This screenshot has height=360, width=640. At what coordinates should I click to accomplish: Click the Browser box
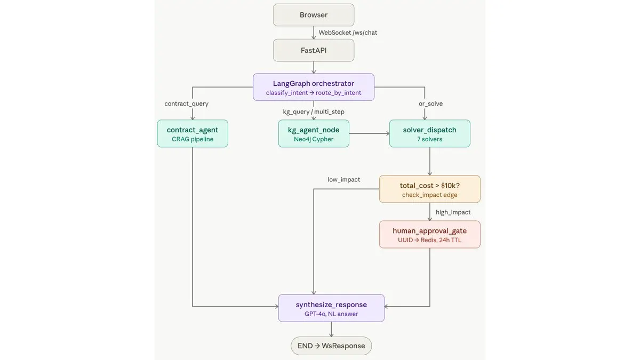tap(314, 15)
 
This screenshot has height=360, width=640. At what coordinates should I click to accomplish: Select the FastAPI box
tap(314, 50)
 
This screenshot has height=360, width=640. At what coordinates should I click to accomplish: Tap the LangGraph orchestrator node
tap(314, 87)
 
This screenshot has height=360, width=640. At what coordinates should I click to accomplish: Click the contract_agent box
tap(193, 133)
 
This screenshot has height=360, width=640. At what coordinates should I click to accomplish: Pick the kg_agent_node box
tap(314, 133)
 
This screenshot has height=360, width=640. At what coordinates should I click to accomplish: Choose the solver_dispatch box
tap(430, 133)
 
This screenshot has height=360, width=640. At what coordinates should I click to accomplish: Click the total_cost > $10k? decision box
tap(430, 189)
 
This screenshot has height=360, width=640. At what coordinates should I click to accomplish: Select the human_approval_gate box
tap(430, 234)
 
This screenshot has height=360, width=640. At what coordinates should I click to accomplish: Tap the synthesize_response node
tap(331, 308)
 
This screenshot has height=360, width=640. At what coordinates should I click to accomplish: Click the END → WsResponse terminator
tap(331, 346)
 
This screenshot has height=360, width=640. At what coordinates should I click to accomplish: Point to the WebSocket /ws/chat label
tap(348, 33)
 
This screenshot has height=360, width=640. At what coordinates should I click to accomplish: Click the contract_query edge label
tap(186, 103)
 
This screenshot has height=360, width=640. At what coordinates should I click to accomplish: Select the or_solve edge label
tap(430, 103)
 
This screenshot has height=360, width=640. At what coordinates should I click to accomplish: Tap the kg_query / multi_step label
tap(314, 111)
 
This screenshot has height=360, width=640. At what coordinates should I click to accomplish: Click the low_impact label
tap(343, 179)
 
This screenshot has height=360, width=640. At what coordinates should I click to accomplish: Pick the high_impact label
tap(453, 212)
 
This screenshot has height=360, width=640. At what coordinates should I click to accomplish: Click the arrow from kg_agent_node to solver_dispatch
tap(369, 133)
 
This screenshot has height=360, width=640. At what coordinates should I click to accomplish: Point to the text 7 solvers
tap(430, 139)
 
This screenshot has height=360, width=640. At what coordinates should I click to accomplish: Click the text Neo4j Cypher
tap(314, 139)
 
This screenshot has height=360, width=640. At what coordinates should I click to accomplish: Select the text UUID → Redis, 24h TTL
tap(430, 240)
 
